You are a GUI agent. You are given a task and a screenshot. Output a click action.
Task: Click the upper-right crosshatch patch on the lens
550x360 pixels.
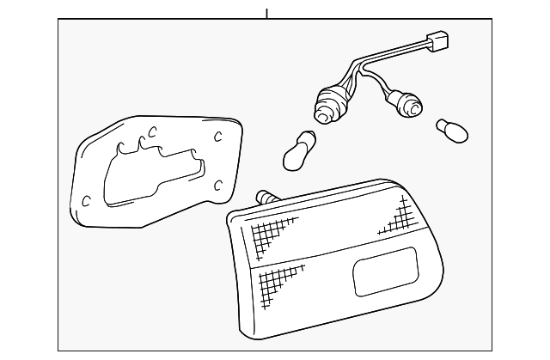395,217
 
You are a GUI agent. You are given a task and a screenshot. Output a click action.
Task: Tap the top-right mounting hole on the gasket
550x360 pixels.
217,136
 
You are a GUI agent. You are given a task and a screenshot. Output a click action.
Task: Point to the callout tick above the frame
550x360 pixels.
267,13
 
